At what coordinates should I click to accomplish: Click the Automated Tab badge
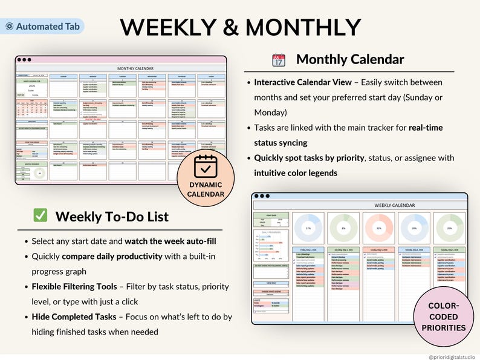pos(43,27)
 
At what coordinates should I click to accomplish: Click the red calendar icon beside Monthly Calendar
pos(278,60)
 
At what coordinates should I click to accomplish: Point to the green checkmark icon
pos(41,215)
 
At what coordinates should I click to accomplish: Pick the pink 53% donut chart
pos(378,229)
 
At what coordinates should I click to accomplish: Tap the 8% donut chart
pos(343,229)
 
